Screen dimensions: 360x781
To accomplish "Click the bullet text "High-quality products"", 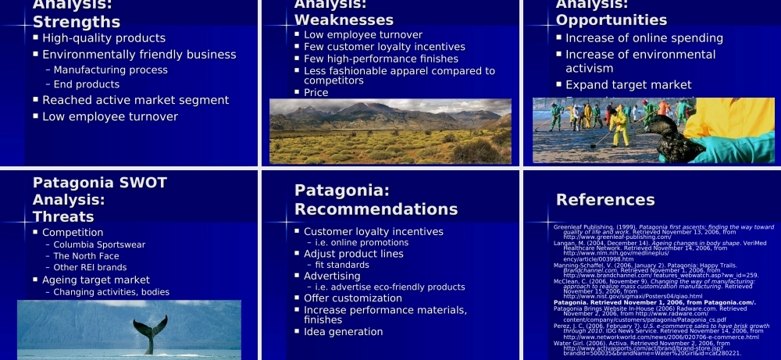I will coord(104,38).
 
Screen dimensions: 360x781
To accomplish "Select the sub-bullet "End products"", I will coord(87,84).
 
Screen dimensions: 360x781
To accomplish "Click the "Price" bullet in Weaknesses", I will coord(316,92).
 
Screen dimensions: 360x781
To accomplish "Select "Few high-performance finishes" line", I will coord(381,59).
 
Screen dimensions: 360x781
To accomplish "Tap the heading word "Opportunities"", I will coord(612,20).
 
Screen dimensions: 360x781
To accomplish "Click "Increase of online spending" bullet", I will coord(633,38).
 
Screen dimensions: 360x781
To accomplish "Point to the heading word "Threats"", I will coord(63,216).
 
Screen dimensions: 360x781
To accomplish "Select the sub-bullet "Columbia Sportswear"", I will coord(99,244).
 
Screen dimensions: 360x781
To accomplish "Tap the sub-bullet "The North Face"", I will coord(87,256).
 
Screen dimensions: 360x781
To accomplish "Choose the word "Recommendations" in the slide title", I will coord(376,209).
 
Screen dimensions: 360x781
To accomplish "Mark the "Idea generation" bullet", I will coord(343,332).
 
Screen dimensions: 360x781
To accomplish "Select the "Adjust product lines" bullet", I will coord(354,254).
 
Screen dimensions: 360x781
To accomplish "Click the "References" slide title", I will coord(605,200).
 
